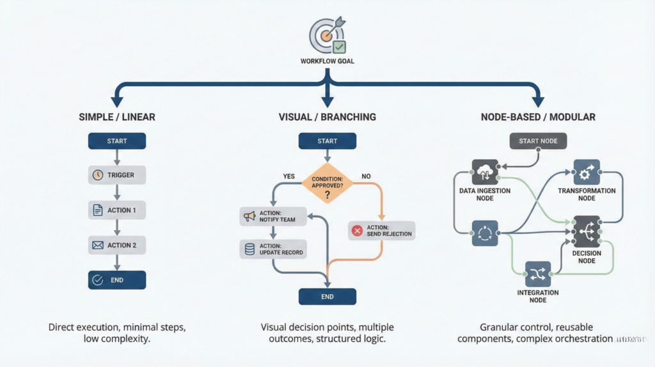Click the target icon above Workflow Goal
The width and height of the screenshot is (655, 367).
[x=327, y=35]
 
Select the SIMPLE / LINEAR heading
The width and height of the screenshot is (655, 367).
[x=116, y=117]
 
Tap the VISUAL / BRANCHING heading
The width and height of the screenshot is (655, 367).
[x=327, y=117]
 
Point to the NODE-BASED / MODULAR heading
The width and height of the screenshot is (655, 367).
[x=538, y=117]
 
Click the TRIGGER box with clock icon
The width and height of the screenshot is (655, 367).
[x=116, y=175]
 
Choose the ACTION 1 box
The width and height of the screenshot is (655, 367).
[x=116, y=210]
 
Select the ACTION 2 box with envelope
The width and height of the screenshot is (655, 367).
[x=116, y=245]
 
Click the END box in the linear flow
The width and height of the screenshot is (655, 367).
[x=116, y=279]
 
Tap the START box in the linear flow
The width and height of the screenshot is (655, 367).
[x=116, y=141]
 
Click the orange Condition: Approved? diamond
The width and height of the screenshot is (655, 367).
[x=327, y=183]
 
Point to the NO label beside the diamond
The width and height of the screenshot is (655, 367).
[x=367, y=176]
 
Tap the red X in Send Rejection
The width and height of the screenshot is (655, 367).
[x=358, y=231]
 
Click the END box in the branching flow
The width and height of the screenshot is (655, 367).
[x=327, y=297]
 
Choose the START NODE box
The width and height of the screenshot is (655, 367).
[x=538, y=141]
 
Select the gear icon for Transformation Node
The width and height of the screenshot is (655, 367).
[x=586, y=173]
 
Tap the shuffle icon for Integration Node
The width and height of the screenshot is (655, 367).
[x=538, y=274]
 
